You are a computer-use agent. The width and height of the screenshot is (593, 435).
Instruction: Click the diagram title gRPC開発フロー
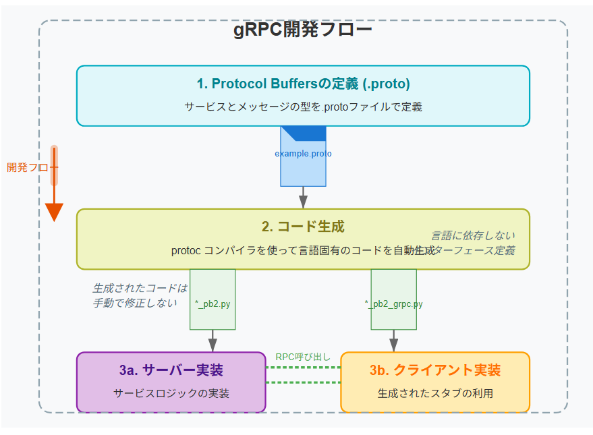pos(303,31)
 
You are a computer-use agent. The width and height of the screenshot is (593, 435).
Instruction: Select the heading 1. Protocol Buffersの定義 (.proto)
pos(303,84)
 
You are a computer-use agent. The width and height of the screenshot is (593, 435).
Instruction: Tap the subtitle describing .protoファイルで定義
pos(303,107)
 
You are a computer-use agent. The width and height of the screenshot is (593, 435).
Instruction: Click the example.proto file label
pos(303,154)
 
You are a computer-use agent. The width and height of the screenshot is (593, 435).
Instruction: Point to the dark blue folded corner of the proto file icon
pos(311,132)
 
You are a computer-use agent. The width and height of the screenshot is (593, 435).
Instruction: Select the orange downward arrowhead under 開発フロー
pos(54,212)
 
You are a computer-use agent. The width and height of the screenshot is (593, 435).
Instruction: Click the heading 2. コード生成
pos(303,227)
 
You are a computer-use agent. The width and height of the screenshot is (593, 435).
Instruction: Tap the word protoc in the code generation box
pos(186,250)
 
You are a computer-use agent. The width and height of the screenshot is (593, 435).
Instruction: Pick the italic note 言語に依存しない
pos(474,235)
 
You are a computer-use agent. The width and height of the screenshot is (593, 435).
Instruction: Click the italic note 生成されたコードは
pos(140,289)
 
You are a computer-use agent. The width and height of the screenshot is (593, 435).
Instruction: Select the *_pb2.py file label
pos(213,304)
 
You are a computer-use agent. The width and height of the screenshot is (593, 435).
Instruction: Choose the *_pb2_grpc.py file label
pos(393,304)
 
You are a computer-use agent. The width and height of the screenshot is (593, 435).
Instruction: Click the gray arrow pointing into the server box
pos(213,341)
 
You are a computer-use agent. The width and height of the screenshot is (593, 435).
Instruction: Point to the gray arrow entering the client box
pos(393,341)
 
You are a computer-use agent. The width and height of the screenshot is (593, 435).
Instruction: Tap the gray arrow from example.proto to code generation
pos(303,198)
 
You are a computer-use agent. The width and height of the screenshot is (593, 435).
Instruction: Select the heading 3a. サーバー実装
pos(171,371)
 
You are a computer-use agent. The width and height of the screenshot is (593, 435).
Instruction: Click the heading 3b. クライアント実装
pos(435,371)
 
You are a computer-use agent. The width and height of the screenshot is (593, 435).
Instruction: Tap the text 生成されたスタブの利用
pos(435,393)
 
